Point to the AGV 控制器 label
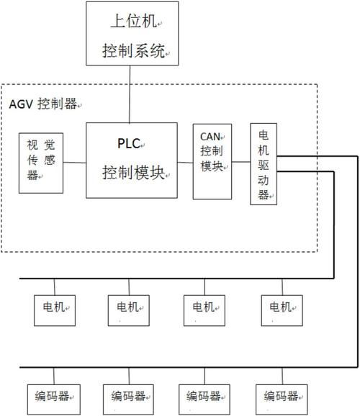(x=43, y=104)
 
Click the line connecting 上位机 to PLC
(x=130, y=94)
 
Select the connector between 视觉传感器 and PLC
(x=75, y=163)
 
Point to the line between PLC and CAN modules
(x=185, y=163)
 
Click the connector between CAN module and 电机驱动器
(x=241, y=162)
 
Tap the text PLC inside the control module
(x=129, y=143)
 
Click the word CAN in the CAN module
(x=210, y=137)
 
